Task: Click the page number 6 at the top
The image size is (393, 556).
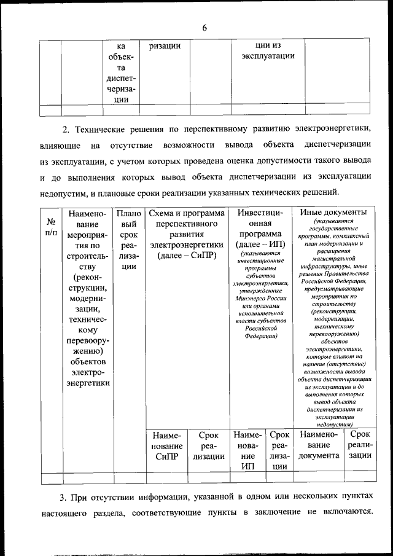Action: pos(204,28)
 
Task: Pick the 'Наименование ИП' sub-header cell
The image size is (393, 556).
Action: pos(247,450)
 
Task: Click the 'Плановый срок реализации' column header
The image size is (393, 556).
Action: pos(128,240)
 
